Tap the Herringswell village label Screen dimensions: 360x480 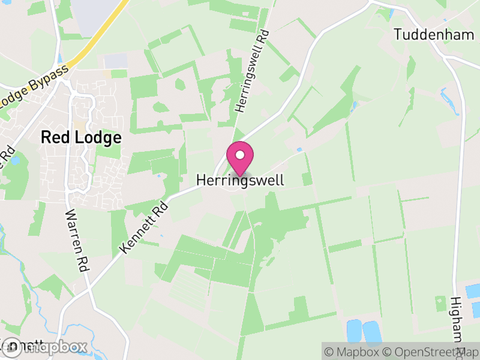coord(240,180)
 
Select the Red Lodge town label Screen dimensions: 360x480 coord(81,137)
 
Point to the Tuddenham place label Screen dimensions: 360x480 coord(434,34)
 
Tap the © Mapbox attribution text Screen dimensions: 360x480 coord(354,352)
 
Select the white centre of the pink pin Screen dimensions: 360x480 coord(240,155)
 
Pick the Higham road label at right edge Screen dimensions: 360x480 coord(458,324)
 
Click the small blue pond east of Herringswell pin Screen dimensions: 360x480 coord(299,149)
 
